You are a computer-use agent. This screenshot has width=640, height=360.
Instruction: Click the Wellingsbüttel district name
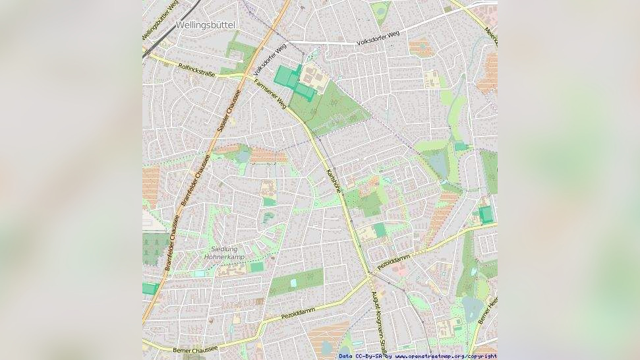click(x=205, y=25)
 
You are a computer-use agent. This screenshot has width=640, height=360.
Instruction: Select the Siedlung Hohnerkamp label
click(x=223, y=253)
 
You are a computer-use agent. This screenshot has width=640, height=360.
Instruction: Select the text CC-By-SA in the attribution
click(x=369, y=356)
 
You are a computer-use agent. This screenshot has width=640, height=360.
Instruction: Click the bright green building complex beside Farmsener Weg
click(x=293, y=82)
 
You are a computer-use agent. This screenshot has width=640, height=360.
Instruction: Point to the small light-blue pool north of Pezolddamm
click(x=293, y=283)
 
